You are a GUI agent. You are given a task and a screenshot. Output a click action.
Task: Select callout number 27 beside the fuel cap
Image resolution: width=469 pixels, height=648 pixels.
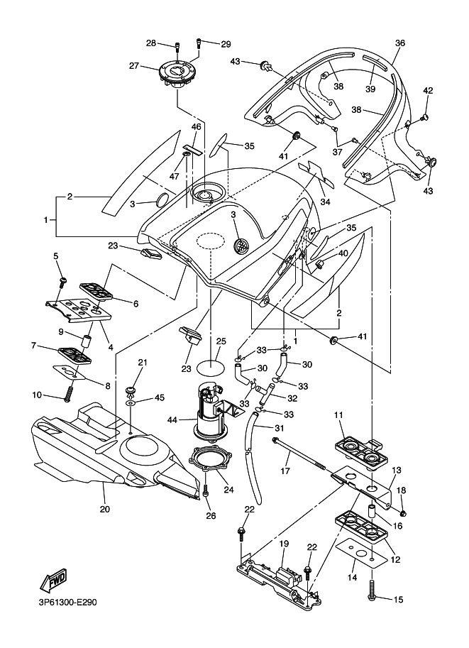pos(133,65)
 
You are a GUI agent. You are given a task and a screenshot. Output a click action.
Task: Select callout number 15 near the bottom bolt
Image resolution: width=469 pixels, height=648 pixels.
pos(398,600)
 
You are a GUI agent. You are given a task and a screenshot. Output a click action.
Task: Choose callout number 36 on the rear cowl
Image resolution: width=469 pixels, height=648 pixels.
pos(400,43)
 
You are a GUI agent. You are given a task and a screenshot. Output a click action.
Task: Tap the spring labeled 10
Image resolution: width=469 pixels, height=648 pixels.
pos(69,391)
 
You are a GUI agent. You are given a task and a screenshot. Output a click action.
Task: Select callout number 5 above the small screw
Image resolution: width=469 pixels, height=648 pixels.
pos(55,256)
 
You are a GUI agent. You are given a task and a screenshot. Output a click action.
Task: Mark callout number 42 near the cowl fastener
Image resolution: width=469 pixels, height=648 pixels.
pos(428,90)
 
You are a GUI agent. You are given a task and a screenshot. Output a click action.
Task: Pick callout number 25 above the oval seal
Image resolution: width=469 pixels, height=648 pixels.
pos(221,341)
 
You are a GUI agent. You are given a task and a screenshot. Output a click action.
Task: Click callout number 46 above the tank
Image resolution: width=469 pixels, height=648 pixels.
pos(197,127)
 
